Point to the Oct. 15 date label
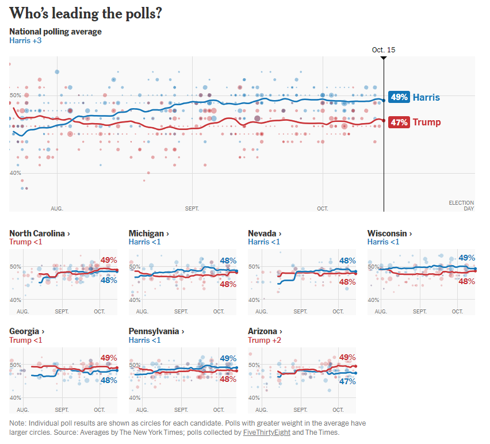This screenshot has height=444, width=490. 384,50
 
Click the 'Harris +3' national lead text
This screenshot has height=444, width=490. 25,41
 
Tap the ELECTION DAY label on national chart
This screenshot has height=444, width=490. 461,205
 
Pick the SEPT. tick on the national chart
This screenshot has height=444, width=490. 192,208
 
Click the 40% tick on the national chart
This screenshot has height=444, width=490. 16,173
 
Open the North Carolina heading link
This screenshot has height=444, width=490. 40,234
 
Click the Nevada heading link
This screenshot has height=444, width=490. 264,234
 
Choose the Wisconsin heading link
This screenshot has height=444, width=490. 389,234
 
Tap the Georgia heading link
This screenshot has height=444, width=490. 26,332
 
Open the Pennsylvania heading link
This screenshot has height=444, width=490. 156,332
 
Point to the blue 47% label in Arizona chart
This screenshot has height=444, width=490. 347,381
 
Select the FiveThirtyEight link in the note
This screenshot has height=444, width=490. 267,432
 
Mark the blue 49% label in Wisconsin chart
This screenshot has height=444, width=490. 466,258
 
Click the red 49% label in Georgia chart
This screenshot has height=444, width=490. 109,357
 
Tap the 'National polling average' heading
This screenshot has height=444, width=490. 55,32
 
